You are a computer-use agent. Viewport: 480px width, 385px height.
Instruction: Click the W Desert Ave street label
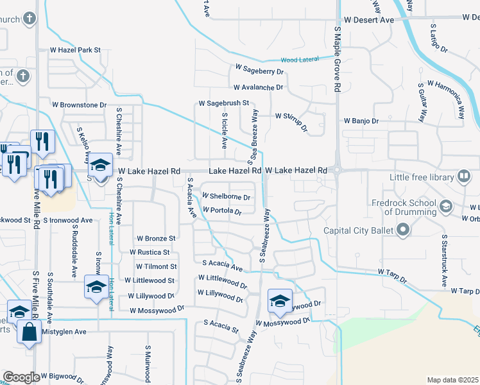[368, 20]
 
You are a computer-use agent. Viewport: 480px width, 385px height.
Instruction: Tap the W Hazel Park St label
[76, 49]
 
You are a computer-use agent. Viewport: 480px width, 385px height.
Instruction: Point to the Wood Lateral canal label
[300, 59]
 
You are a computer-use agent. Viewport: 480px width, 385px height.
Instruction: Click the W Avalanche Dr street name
[258, 87]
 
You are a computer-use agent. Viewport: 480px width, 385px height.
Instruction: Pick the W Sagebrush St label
[223, 103]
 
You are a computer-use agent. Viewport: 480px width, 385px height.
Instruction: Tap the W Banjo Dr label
[361, 121]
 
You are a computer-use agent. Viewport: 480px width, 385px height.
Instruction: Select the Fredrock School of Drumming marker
[446, 206]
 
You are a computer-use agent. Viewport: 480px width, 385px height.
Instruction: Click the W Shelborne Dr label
[226, 196]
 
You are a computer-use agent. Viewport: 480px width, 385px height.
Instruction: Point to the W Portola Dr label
[222, 210]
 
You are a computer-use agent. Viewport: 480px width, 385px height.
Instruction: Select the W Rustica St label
[150, 253]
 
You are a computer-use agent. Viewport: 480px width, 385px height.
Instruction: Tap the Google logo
[21, 377]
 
